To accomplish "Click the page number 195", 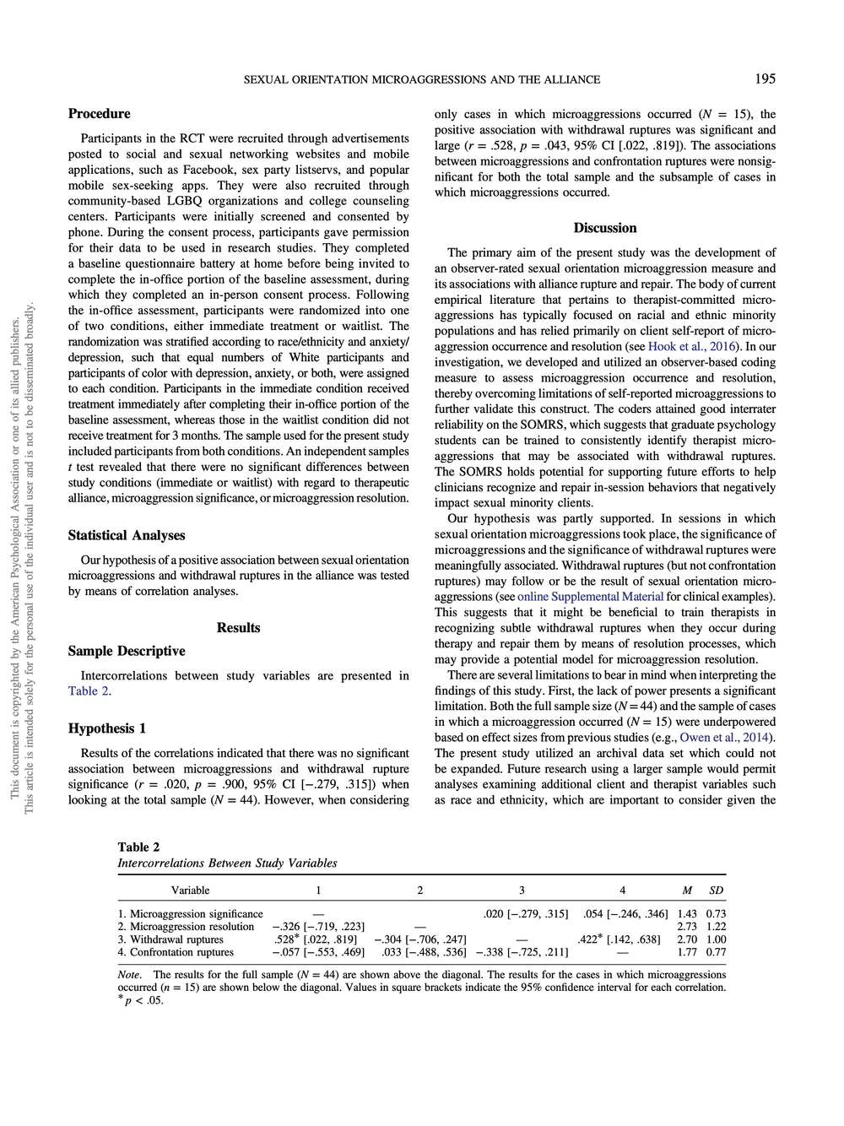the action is coord(765,78).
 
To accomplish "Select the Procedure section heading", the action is coord(99,114).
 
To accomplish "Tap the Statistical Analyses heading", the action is coord(127,535).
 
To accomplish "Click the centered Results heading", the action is coord(238,627).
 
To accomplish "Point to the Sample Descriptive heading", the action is coord(127,651).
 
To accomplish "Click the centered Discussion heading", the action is coord(604,228).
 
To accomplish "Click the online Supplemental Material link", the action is coord(590,597).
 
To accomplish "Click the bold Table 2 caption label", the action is coord(138,847).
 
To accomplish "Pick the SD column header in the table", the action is coord(716,891).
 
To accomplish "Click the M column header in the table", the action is coord(687,891).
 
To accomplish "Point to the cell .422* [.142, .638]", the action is coord(619,939).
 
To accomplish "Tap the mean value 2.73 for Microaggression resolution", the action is coord(687,927).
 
